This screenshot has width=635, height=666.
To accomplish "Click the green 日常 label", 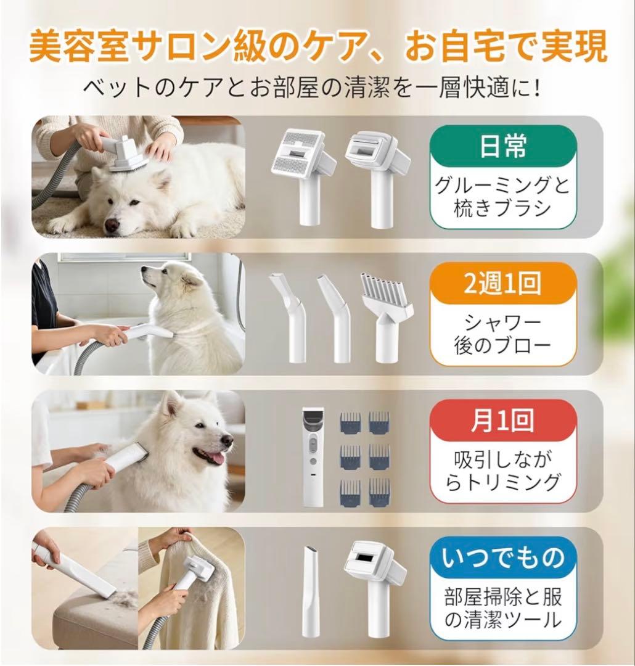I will pos(503,147).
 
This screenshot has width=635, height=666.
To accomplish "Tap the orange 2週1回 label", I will pos(503,284).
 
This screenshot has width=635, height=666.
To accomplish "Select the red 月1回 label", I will pos(503,421).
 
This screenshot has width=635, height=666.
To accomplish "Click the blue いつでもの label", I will pos(503,559).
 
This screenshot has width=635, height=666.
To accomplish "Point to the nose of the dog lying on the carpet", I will pos(112,225).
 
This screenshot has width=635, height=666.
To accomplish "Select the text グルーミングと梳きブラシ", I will pos(503,196).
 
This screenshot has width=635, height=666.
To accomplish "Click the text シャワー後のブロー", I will pos(503,334).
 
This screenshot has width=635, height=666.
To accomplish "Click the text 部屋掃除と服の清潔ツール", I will pos(503,609).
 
